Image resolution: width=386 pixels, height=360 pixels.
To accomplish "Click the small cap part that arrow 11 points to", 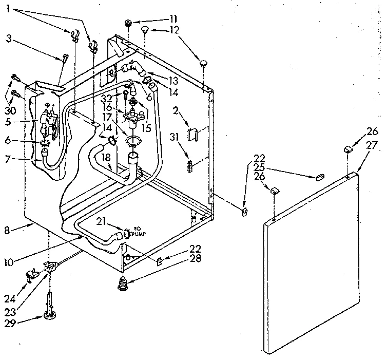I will pos(129,23).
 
